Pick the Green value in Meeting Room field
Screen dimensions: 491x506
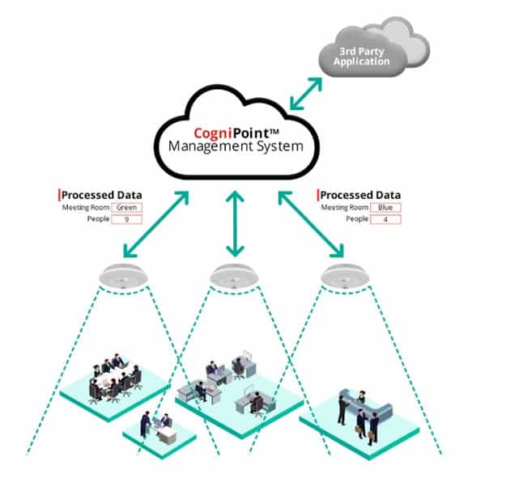tap(126, 208)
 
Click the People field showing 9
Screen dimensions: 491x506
tap(126, 219)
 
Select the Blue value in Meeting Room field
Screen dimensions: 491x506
tap(385, 208)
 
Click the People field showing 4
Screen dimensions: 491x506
tap(385, 219)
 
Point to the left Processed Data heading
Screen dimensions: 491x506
tap(102, 195)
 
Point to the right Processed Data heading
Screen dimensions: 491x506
tap(361, 195)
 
